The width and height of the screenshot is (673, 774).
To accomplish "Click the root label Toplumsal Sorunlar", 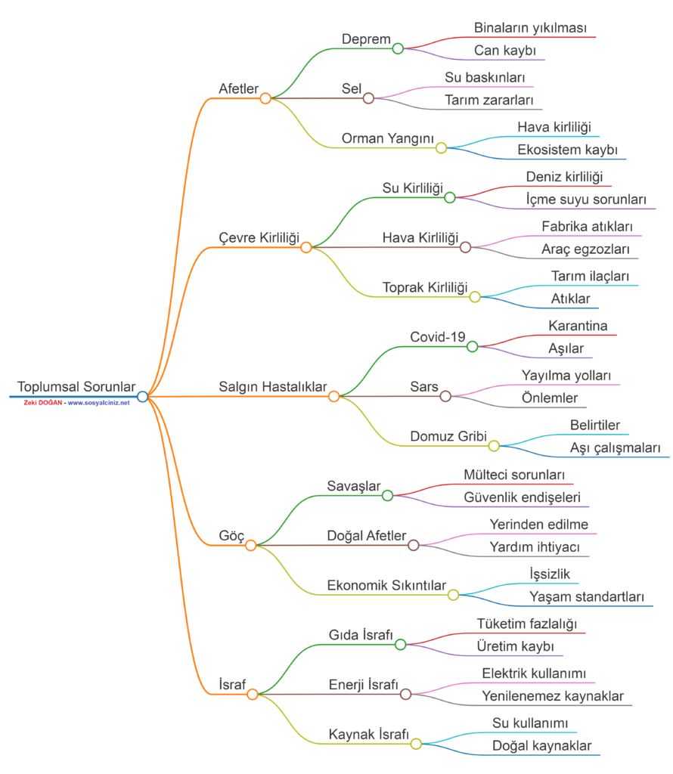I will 76,386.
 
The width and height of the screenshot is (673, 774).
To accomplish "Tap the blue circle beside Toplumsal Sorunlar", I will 142,396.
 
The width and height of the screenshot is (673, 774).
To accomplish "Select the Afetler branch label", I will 238,88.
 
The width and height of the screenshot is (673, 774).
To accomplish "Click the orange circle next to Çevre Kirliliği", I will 306,247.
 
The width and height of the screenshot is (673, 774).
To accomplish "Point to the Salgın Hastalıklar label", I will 272,386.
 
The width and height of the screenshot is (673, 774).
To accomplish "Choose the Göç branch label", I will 231,535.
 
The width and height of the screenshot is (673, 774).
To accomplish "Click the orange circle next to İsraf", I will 253,694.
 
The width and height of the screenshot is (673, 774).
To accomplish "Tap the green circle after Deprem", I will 398,48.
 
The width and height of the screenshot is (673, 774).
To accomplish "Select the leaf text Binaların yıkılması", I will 530,28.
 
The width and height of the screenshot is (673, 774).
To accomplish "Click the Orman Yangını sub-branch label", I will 387,138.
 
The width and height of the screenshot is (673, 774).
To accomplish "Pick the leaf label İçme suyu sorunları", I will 586,200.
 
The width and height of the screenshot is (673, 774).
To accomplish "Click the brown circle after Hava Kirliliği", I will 466,247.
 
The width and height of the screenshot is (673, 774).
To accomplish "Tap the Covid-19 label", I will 438,336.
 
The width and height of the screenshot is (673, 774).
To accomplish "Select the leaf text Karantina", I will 578,326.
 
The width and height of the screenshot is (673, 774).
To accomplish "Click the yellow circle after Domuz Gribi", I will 494,446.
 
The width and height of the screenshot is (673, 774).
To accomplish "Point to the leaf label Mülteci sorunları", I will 514,475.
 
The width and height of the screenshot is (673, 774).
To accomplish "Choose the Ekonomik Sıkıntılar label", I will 386,585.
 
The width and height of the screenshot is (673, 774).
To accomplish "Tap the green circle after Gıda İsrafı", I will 401,645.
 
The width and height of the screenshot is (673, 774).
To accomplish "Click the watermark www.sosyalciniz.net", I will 98,403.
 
